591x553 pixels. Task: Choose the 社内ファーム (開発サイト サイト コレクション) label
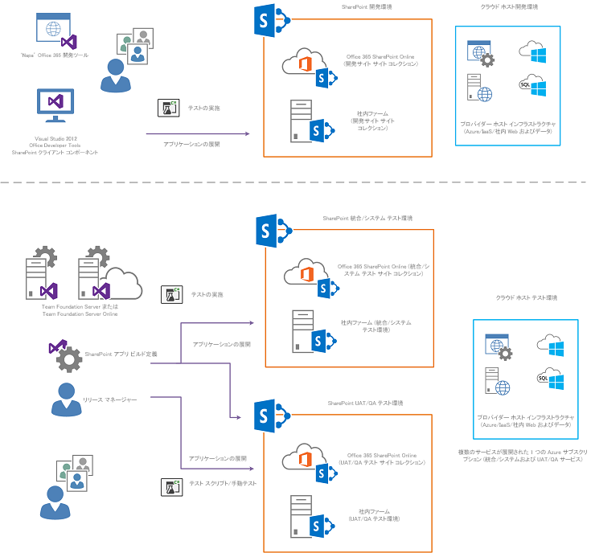373,121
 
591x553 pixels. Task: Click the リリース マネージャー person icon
64,399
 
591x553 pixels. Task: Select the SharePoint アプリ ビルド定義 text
121,354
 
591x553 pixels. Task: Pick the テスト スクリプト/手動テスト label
222,484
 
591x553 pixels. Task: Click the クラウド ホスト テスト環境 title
526,297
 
